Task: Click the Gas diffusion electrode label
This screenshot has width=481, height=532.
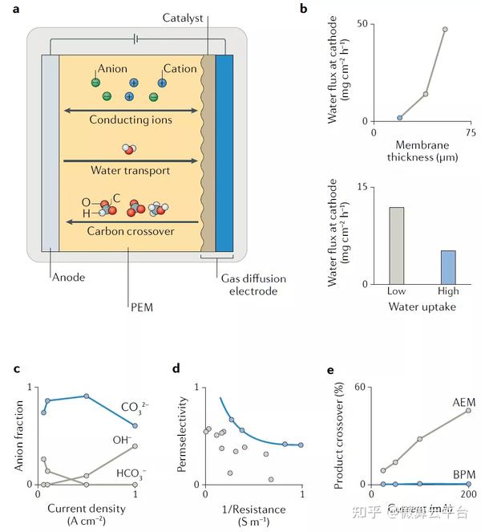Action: (x=249, y=284)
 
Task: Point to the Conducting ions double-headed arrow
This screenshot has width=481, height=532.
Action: (x=131, y=111)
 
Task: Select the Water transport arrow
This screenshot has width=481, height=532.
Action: (x=131, y=160)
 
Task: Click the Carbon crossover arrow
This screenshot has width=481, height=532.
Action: (x=131, y=221)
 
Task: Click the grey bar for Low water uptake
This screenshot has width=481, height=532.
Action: (x=396, y=246)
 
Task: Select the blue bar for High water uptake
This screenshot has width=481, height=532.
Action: (x=448, y=267)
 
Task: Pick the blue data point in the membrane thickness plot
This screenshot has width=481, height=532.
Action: (x=400, y=118)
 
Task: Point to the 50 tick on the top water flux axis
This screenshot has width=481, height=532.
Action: (x=362, y=24)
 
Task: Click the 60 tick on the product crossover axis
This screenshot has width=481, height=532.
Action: (x=361, y=388)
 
